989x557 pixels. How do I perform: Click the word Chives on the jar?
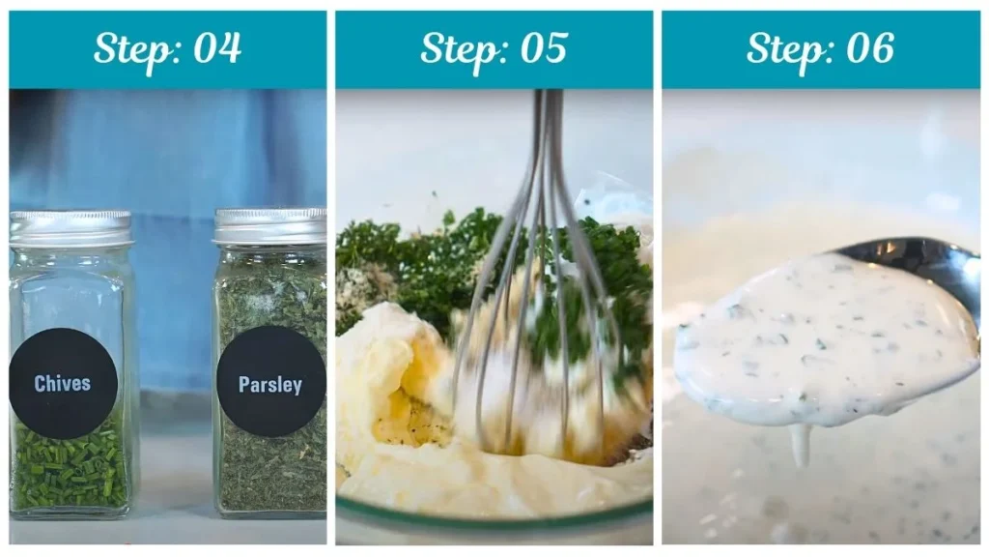63,384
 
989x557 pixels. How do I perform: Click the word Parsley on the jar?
270,384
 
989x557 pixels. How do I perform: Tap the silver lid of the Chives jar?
71,227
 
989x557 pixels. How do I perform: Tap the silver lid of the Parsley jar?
270,225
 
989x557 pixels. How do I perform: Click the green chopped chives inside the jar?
70,474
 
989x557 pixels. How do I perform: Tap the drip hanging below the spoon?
800,445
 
